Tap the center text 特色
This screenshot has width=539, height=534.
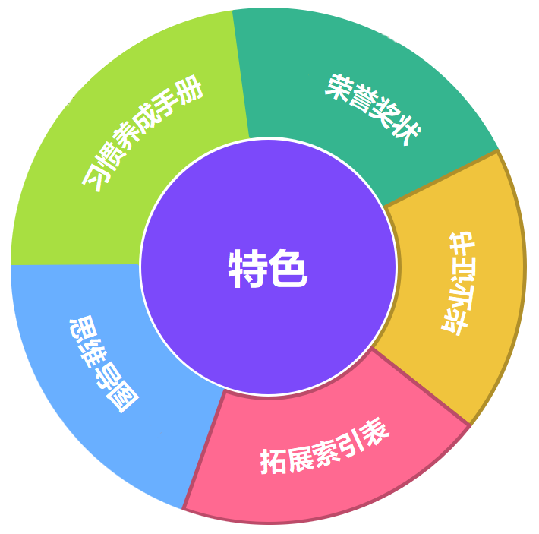pyautogui.click(x=268, y=269)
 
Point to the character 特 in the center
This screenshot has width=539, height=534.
pyautogui.click(x=248, y=269)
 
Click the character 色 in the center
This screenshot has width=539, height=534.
pyautogui.click(x=288, y=269)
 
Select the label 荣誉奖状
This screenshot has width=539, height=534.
pyautogui.click(x=372, y=110)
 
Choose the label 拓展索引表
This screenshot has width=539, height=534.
pyautogui.click(x=325, y=447)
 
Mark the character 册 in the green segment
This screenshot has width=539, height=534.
pyautogui.click(x=192, y=93)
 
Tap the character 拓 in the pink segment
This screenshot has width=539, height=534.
pyautogui.click(x=273, y=460)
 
